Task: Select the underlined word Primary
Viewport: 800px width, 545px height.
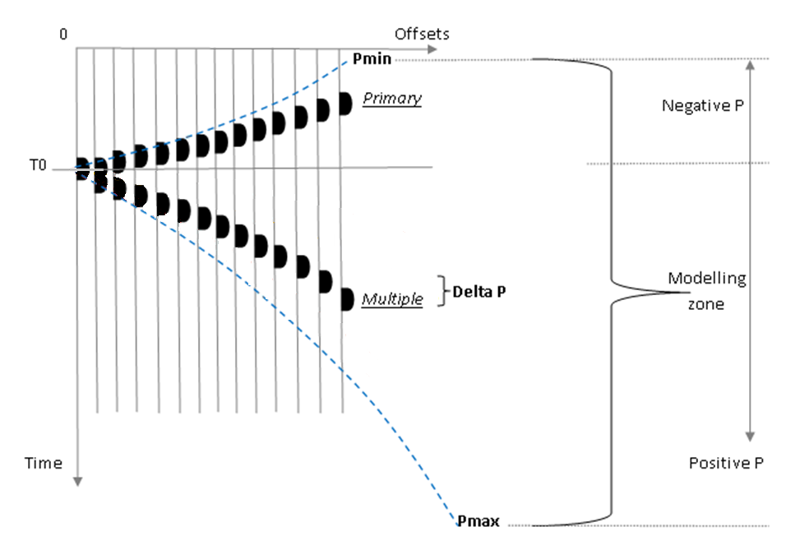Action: click(392, 99)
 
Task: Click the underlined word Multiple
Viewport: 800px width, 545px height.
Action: click(392, 300)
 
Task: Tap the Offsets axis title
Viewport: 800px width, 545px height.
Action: click(422, 34)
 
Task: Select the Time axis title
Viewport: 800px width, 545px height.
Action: click(43, 463)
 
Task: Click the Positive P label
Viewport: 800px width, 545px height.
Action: click(727, 463)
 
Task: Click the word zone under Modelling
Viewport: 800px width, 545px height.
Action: click(706, 304)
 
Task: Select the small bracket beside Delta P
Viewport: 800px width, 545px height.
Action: click(442, 290)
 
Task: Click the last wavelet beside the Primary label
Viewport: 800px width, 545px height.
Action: click(346, 103)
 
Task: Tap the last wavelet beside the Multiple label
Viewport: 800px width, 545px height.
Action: click(346, 298)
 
